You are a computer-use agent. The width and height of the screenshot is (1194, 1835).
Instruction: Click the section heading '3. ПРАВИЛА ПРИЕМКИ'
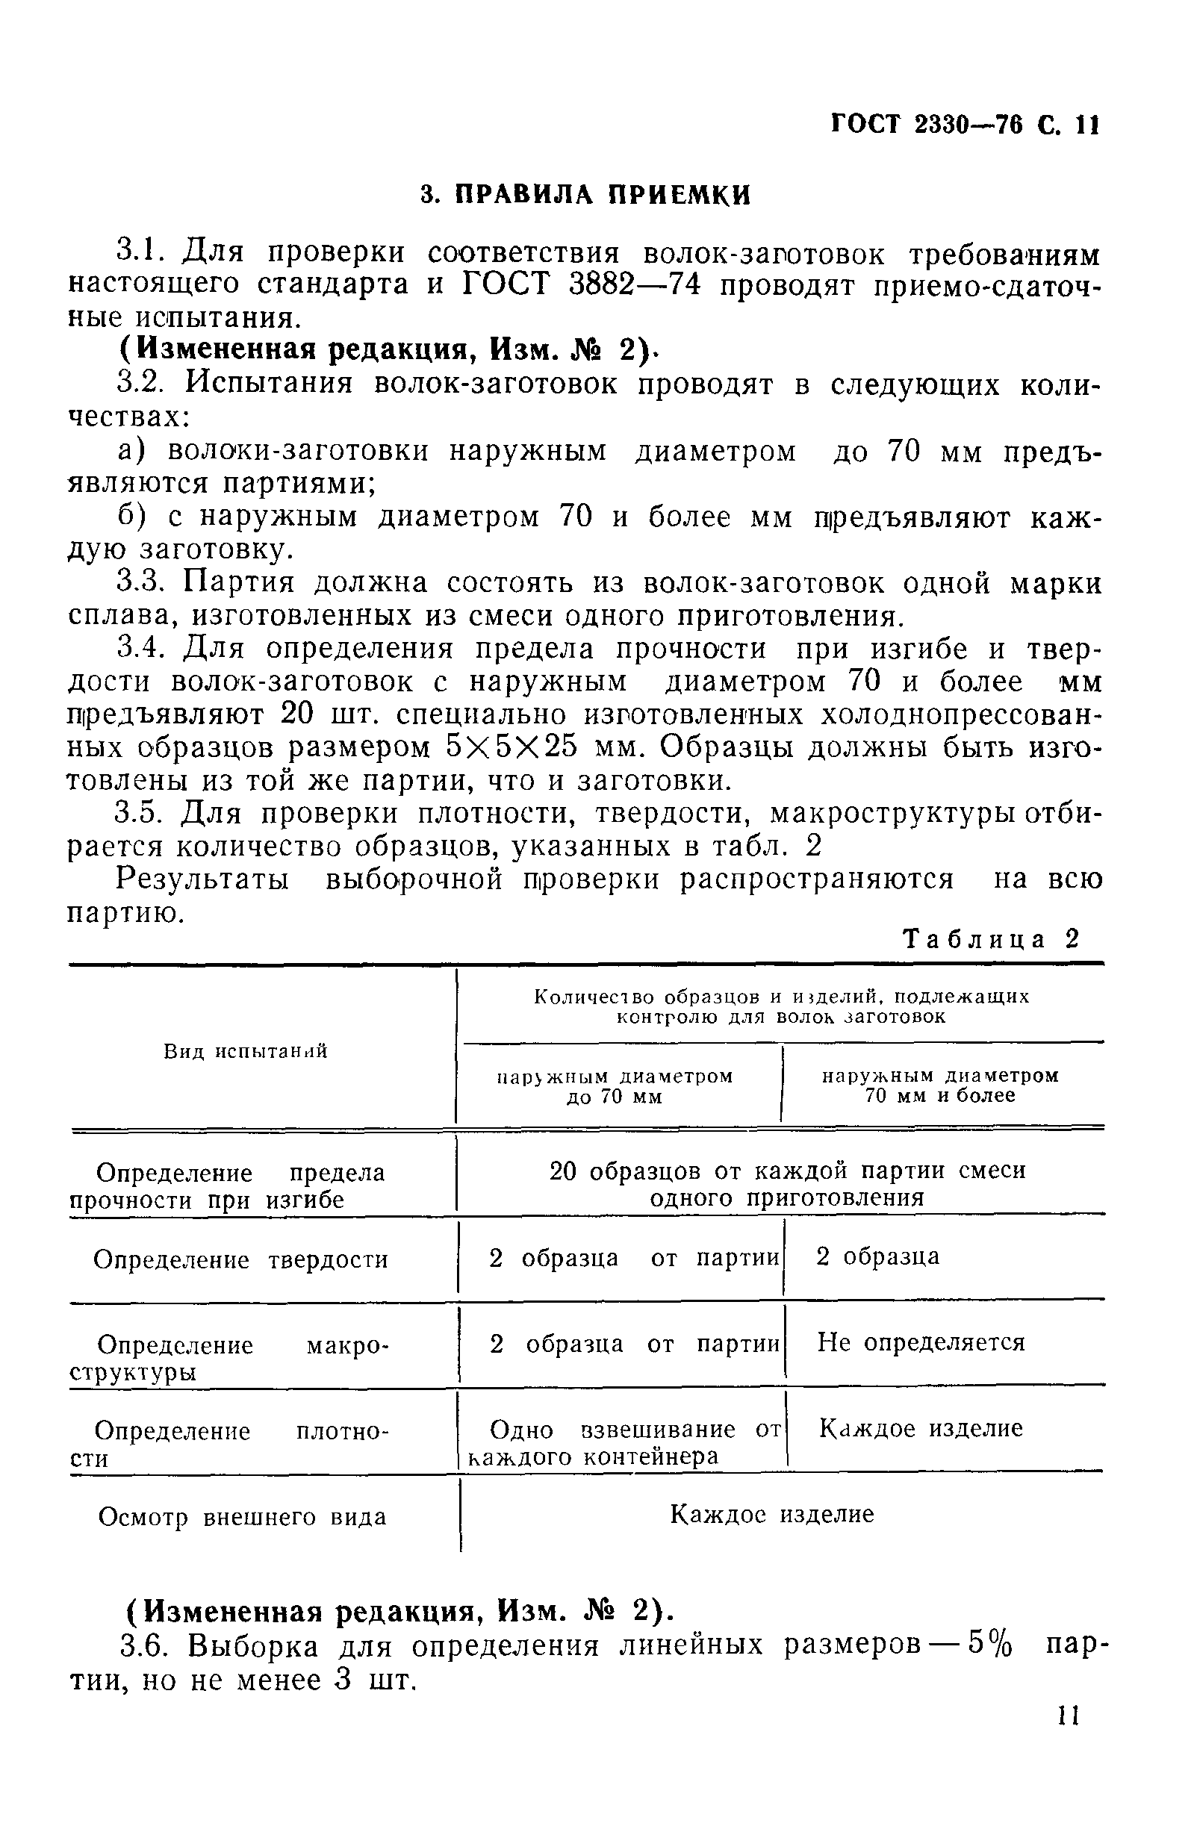click(x=585, y=194)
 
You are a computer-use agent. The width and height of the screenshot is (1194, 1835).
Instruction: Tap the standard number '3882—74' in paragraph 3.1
click(x=634, y=285)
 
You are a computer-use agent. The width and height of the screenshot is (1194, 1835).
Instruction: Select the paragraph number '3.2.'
click(x=144, y=383)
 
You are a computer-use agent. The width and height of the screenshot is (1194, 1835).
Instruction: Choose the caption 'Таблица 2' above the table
click(x=990, y=939)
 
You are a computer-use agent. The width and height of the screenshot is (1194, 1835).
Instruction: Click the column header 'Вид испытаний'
click(x=245, y=1051)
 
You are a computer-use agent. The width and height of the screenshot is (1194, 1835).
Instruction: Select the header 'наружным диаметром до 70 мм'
click(x=614, y=1085)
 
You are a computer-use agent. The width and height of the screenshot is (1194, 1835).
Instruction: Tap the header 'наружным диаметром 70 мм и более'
click(x=940, y=1085)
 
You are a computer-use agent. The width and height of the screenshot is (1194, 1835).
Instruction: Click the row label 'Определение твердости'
click(x=240, y=1260)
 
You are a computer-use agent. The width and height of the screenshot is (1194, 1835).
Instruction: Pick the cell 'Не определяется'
click(x=921, y=1342)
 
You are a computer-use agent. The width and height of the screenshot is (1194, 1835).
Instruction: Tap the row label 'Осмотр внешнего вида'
click(x=242, y=1517)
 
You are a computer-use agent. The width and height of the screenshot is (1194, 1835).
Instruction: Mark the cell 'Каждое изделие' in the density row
click(x=920, y=1429)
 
